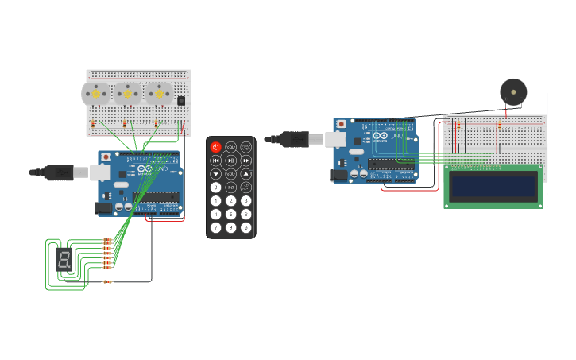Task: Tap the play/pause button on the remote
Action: coord(231,161)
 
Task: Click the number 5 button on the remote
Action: coord(231,214)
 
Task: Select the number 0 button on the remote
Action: coord(215,188)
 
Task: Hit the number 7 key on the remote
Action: coord(215,227)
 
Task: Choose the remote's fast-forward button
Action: coord(246,161)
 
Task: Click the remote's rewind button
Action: coord(215,161)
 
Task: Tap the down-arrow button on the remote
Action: coord(215,174)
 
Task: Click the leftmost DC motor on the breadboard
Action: coord(96,94)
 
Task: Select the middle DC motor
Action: coord(127,94)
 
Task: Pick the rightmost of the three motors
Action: coord(159,94)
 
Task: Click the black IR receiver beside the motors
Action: coord(182,101)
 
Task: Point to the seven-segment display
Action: coord(64,258)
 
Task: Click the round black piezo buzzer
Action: coord(513,91)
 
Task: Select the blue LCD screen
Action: coord(493,187)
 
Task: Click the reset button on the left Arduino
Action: coord(106,157)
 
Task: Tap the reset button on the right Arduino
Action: coord(342,125)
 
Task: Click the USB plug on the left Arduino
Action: coord(60,172)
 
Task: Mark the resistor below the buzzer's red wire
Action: coord(500,126)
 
